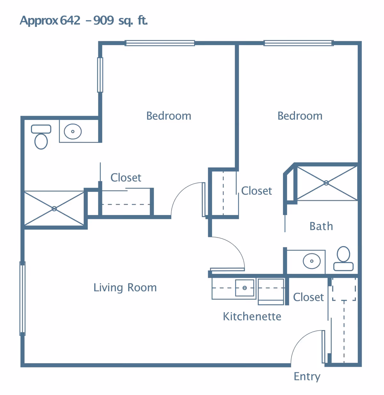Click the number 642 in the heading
click(x=70, y=20)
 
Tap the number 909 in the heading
click(x=104, y=20)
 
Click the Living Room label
click(x=125, y=288)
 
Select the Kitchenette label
click(x=252, y=316)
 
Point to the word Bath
click(x=321, y=226)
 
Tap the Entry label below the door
click(x=307, y=376)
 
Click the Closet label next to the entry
click(x=308, y=297)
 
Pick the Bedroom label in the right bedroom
click(x=300, y=116)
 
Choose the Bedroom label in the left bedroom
click(x=169, y=116)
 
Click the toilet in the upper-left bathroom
click(x=41, y=138)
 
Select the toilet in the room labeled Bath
click(x=343, y=258)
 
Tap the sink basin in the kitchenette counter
click(x=244, y=288)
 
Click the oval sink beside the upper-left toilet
click(x=73, y=131)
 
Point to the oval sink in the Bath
click(x=312, y=261)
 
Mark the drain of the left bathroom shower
click(x=54, y=209)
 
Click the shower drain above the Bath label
click(x=326, y=183)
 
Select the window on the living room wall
click(x=22, y=298)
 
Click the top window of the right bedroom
click(x=299, y=43)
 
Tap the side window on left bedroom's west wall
click(x=100, y=75)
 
